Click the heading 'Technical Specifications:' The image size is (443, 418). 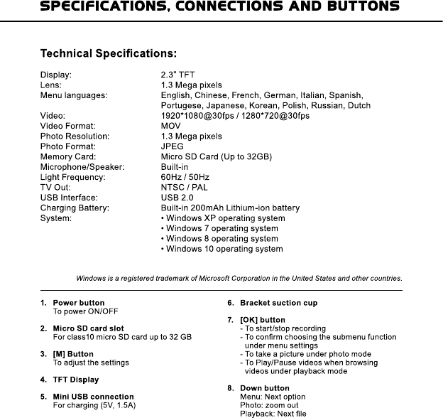[x=109, y=53]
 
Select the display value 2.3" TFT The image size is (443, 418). [x=177, y=74]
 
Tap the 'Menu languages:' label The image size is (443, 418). [x=74, y=95]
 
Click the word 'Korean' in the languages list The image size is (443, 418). [x=262, y=105]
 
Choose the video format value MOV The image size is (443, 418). [x=171, y=126]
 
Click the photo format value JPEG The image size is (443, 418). [x=173, y=146]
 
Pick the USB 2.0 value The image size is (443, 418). [x=177, y=198]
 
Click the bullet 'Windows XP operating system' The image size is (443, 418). [x=224, y=218]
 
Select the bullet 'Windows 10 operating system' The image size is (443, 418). [x=222, y=250]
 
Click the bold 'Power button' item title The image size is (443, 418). [x=79, y=303]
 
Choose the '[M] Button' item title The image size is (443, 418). [x=73, y=354]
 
